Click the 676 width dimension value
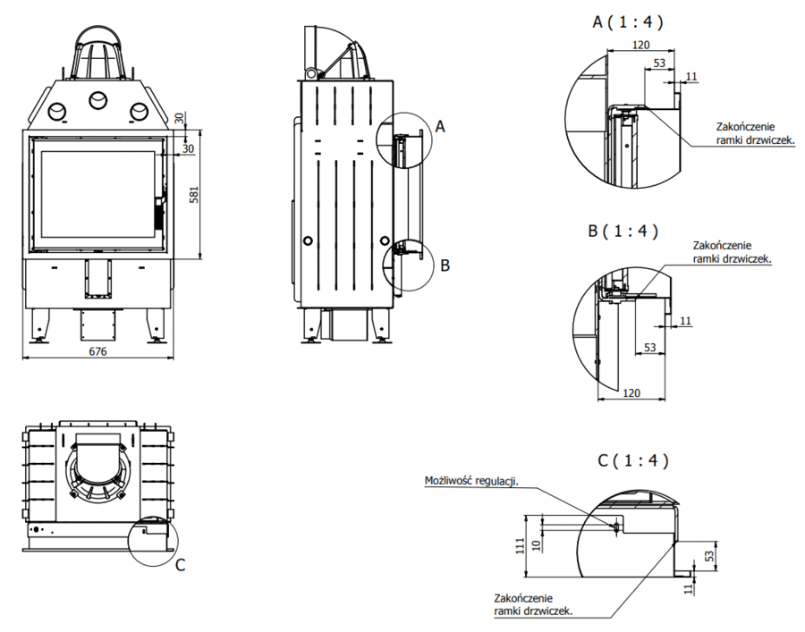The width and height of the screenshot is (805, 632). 97,351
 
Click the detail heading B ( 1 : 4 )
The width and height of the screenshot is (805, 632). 623,231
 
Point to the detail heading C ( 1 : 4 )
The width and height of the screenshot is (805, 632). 633,461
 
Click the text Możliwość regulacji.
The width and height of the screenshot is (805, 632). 470,482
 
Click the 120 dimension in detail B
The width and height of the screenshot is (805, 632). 631,392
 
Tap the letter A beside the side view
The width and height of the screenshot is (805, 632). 439,127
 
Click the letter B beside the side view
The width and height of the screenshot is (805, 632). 445,265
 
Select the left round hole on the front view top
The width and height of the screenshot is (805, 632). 56,111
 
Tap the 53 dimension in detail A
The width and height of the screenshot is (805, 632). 659,63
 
